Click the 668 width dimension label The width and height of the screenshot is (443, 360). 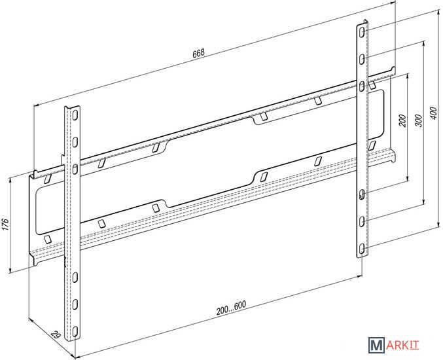click(198, 54)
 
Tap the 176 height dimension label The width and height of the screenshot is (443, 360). click(6, 225)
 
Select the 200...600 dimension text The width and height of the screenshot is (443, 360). click(231, 308)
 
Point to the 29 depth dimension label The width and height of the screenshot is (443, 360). click(56, 335)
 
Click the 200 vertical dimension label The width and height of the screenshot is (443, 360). click(403, 120)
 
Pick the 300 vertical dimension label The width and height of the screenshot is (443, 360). click(419, 120)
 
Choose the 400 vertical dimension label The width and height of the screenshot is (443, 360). click(434, 113)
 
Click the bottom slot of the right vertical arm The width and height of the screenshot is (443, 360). click(362, 249)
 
